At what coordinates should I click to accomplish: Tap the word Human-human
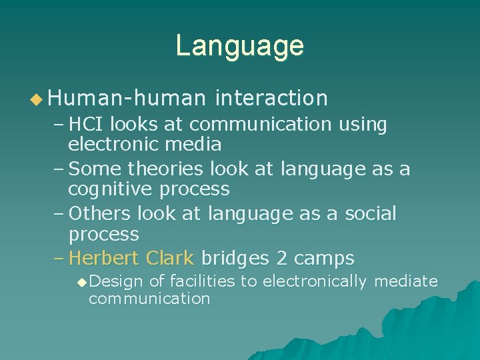coord(127,99)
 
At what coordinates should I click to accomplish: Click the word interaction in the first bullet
coord(271,99)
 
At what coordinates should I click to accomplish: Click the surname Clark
coord(171,258)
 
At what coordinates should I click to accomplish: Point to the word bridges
coord(235,258)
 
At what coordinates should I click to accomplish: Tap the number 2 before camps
coord(283,258)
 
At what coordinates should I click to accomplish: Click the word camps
coord(325,258)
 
